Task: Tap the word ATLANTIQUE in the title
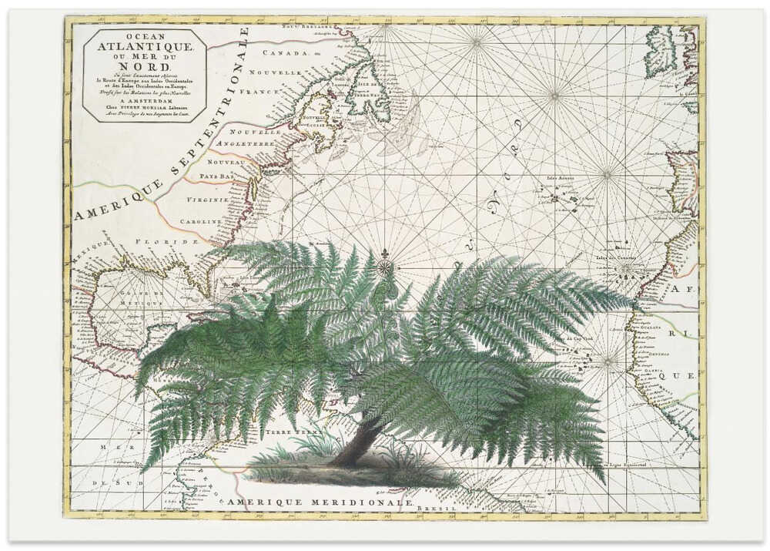click(145, 46)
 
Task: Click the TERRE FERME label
click(284, 433)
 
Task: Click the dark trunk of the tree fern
click(358, 441)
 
